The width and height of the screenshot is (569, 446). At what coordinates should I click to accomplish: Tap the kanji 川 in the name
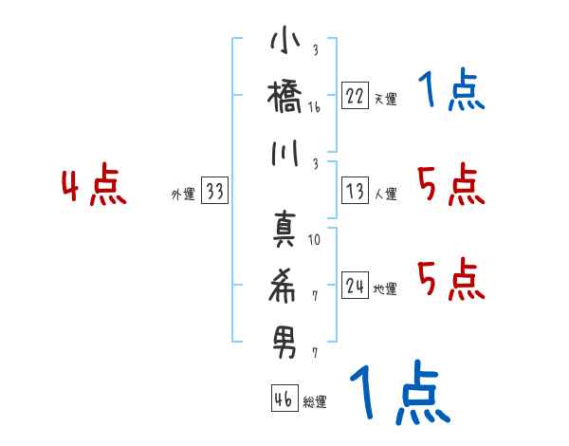tap(285, 156)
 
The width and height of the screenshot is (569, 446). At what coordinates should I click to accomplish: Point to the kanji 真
tap(285, 228)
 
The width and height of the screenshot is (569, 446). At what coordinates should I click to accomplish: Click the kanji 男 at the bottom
tap(285, 339)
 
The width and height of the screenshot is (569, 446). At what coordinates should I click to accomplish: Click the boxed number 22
tap(355, 95)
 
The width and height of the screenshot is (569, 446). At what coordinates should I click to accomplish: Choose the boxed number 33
tap(215, 192)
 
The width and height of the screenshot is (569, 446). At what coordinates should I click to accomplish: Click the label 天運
tap(385, 99)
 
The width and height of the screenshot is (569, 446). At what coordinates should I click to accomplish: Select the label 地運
tap(385, 289)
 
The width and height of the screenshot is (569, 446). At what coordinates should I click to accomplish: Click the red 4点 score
tap(94, 187)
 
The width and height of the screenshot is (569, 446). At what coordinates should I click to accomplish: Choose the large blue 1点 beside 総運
tap(397, 392)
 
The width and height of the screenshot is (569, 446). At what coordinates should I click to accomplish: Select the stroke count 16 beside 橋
tap(315, 108)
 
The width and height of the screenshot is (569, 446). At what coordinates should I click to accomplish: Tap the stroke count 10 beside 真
tap(315, 240)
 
